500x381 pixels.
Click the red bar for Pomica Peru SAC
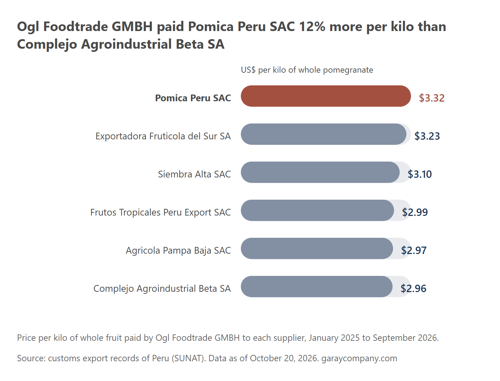coord(326,96)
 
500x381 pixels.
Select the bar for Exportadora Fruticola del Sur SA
coord(323,134)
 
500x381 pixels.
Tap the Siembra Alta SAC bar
coord(320,172)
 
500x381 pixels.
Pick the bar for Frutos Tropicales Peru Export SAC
coord(317,210)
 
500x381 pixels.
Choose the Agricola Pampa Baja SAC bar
coord(317,249)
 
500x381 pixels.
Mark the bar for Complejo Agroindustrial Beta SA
coord(317,286)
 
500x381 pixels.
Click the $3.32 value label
coord(431,98)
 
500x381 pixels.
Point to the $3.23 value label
coord(427,136)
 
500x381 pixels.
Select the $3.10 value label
coord(419,174)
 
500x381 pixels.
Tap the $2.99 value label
coord(415,212)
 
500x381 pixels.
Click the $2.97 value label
coord(414,250)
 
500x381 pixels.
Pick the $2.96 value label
coord(413,289)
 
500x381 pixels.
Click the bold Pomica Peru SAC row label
coord(193,98)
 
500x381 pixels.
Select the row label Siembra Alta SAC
coord(194,174)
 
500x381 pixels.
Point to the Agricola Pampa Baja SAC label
coord(178,250)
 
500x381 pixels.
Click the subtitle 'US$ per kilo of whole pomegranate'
coord(307,70)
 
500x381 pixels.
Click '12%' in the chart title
coord(312,26)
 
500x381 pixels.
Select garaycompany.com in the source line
coord(359,358)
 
